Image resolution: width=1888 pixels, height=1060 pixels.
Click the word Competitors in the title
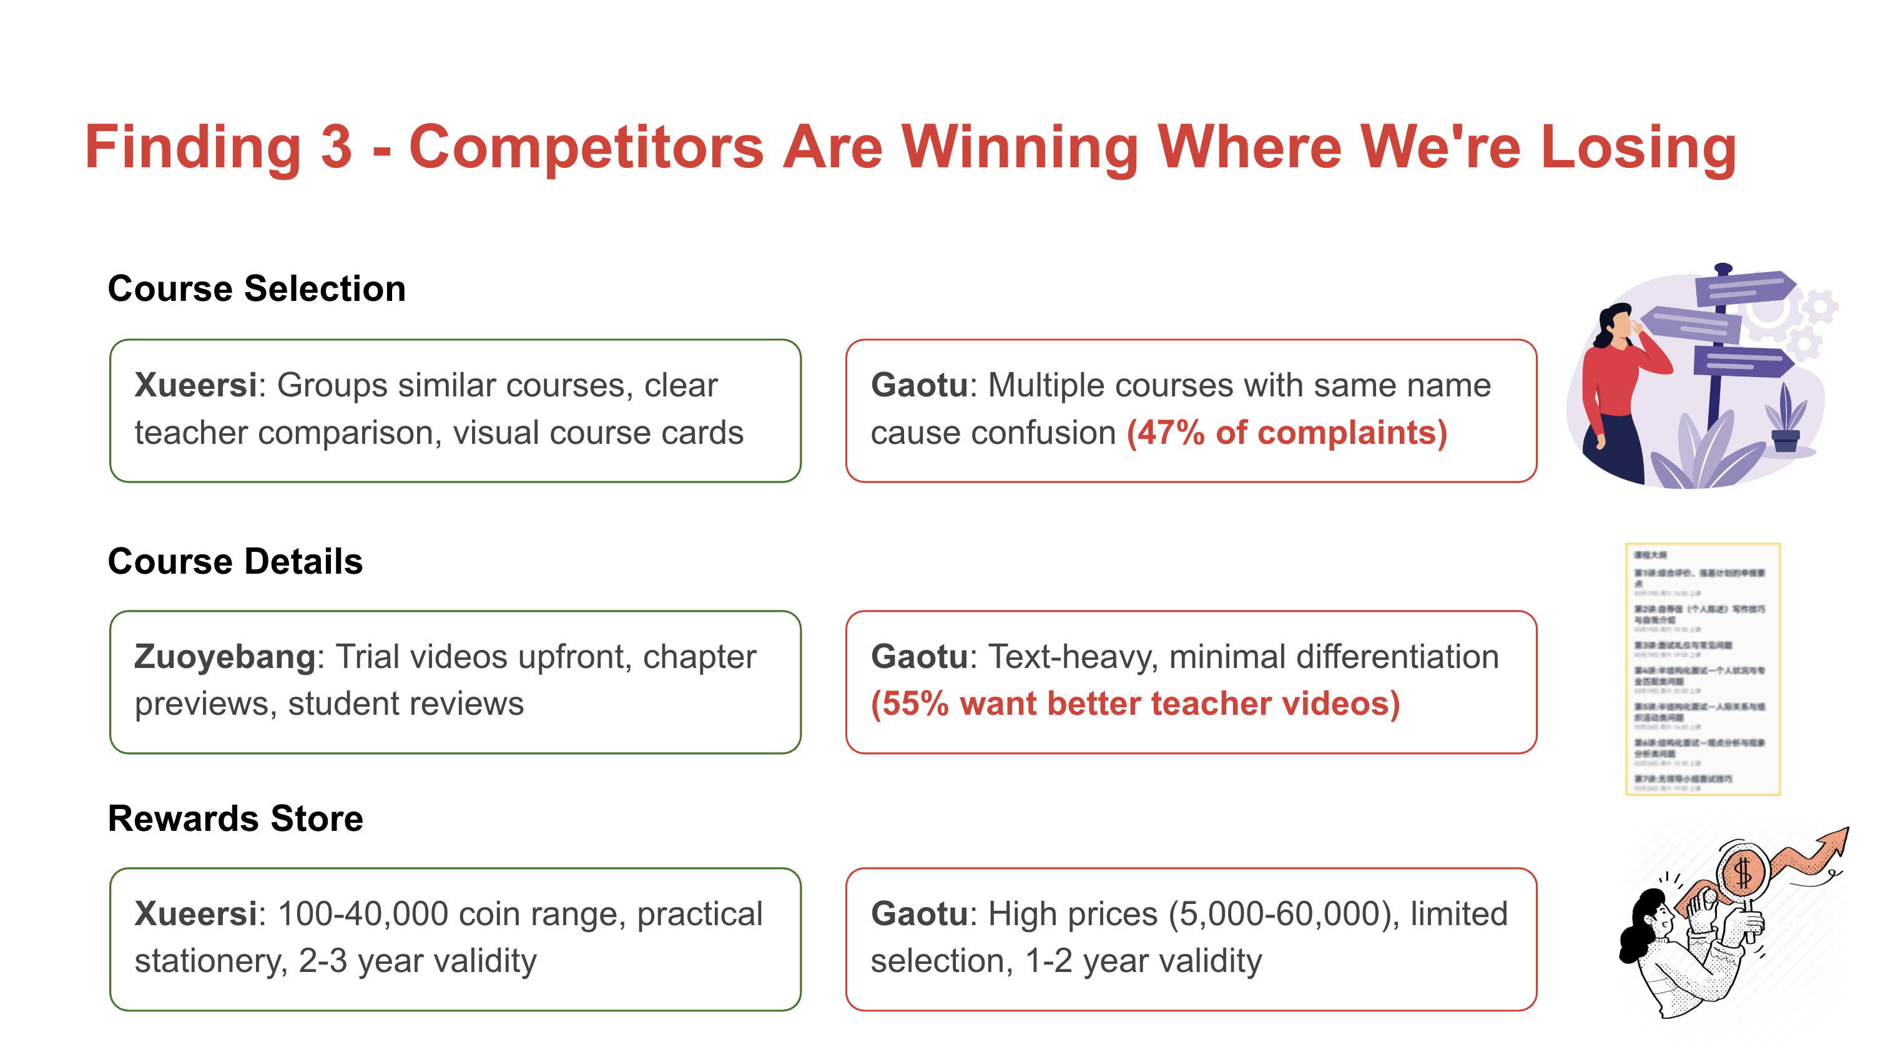[x=586, y=147]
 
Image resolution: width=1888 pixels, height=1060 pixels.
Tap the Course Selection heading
[x=257, y=288]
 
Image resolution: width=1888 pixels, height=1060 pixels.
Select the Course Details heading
[x=235, y=561]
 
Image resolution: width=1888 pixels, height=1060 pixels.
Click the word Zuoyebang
[x=225, y=656]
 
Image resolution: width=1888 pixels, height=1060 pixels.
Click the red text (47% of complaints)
[x=1286, y=433]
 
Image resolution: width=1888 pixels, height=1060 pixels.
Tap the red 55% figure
[x=910, y=704]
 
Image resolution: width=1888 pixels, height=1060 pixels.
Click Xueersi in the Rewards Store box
[x=195, y=913]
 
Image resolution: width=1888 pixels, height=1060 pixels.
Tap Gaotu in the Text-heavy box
[x=919, y=656]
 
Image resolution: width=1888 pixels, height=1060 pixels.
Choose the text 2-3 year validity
[x=418, y=960]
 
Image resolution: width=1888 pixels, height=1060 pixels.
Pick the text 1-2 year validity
[x=1143, y=960]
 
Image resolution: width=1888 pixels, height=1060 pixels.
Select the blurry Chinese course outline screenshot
[x=1702, y=669]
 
